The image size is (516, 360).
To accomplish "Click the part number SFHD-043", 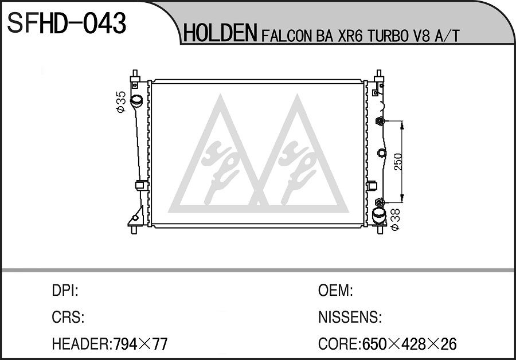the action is pos(67,23).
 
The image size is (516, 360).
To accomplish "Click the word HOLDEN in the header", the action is pos(220,33).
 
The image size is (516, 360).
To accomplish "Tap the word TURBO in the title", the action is pos(388,36).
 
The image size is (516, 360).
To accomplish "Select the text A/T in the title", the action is pos(447,36).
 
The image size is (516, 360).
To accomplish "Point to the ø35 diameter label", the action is pos(121,101).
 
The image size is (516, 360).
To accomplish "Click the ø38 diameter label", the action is pos(394,219).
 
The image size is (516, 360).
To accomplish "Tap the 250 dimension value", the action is pos(397,162).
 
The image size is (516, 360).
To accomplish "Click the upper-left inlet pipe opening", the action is pos(136,100).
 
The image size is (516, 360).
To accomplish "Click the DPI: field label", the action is pos(65,291).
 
